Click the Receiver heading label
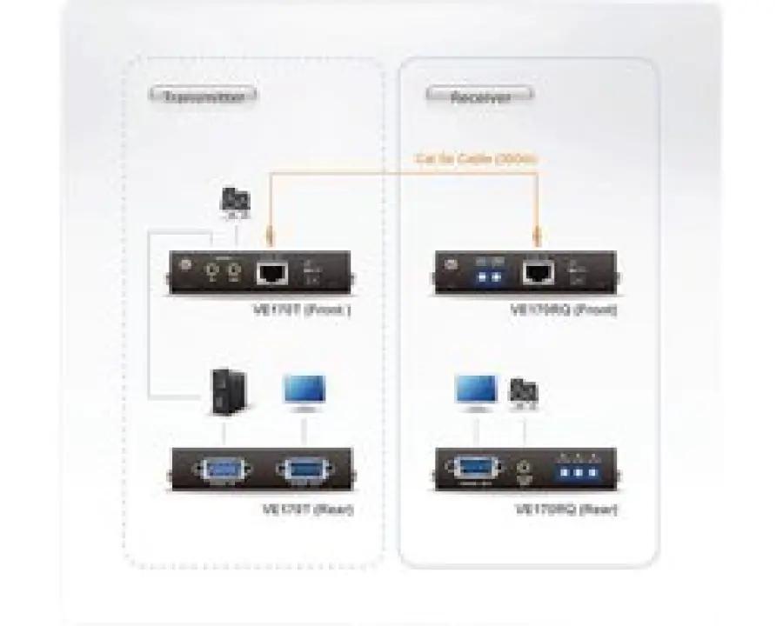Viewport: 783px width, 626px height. tap(480, 97)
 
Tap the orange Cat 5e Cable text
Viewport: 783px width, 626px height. tap(477, 159)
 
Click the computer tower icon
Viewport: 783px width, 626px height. tap(226, 393)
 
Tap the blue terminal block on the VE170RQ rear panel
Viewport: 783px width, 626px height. tap(574, 471)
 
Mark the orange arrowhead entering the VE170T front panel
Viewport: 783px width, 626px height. tap(269, 236)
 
